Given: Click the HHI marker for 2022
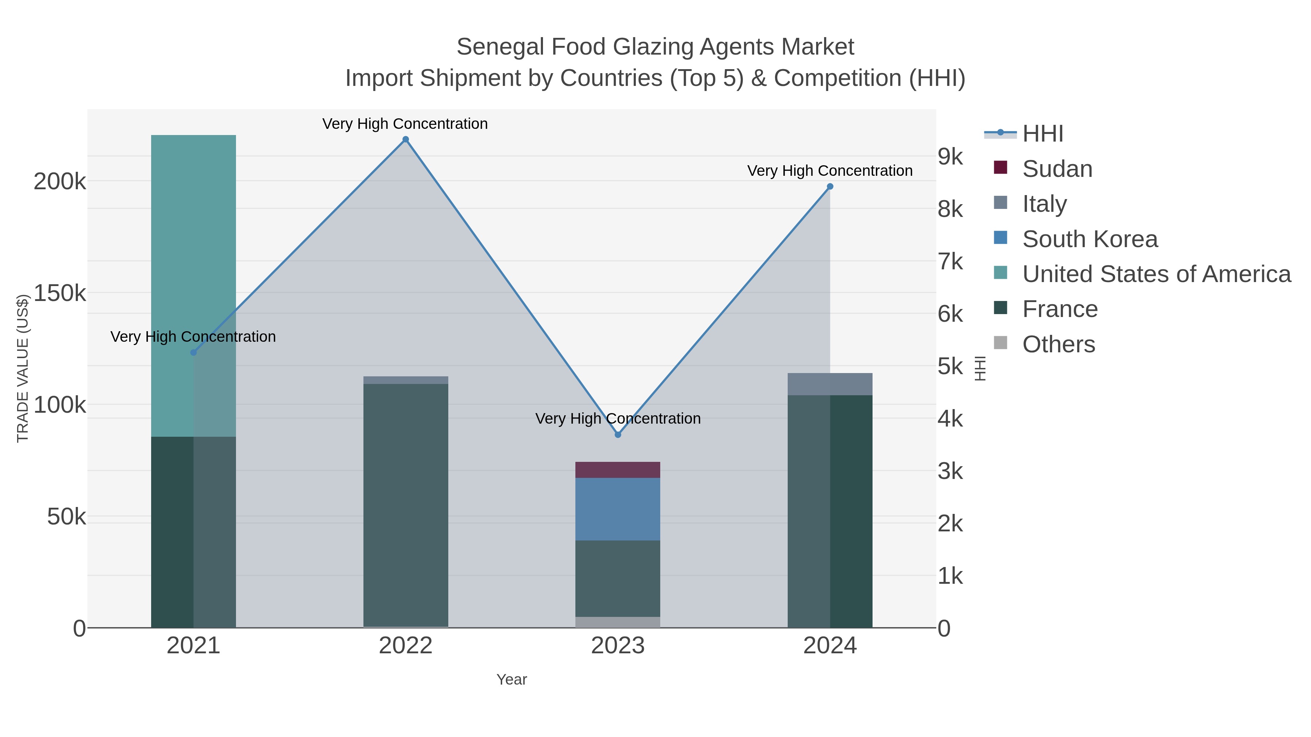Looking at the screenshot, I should (406, 139).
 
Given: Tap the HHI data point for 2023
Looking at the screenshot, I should (618, 435).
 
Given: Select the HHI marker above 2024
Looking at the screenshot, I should (830, 187).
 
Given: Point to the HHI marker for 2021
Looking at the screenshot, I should (193, 352).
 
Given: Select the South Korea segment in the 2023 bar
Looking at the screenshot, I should (618, 509).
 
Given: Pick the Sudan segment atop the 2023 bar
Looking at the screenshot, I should (618, 470).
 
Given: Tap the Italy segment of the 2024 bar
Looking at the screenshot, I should (830, 384).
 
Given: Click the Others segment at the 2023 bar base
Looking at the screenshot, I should (618, 622).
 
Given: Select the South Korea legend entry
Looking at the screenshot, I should (1089, 239).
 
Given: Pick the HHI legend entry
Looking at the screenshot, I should (1042, 134).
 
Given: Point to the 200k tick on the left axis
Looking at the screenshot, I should (60, 182).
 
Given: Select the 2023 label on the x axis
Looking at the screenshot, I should (618, 646).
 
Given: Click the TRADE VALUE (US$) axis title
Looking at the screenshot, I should (23, 368).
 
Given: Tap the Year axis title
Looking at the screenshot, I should (512, 679).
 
